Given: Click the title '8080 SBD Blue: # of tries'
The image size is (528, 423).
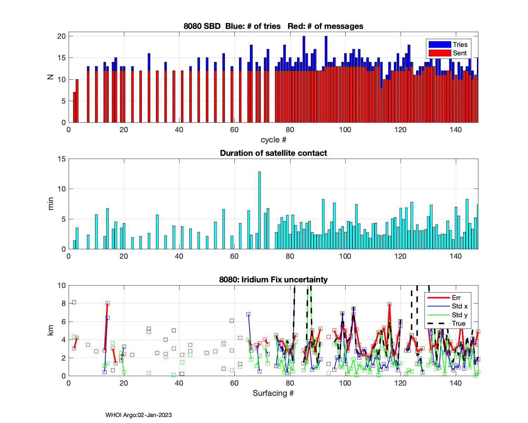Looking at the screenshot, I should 232,26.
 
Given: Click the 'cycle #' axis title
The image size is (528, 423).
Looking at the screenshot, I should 273,140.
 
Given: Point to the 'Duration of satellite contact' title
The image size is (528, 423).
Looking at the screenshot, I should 273,153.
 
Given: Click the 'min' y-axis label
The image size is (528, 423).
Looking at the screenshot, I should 51,204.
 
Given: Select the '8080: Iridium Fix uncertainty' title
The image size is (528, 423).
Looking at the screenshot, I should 273,280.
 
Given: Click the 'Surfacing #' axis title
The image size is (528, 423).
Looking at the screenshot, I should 273,393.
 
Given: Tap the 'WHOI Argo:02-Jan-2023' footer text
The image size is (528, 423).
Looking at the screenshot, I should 139,415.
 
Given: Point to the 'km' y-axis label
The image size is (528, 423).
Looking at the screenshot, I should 51,330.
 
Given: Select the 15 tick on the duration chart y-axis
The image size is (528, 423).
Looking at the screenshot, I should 62,159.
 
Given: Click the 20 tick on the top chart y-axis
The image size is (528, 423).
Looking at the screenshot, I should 62,36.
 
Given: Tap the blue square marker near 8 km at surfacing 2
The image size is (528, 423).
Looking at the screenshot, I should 74,302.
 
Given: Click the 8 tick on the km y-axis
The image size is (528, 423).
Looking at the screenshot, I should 64,304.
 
